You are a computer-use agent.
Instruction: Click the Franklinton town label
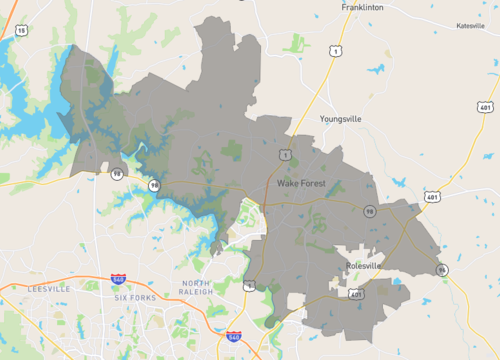pyautogui.click(x=363, y=7)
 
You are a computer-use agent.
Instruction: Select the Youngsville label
pyautogui.click(x=341, y=118)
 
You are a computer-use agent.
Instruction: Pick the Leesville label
pyautogui.click(x=48, y=288)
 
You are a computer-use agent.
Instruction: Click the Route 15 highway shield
pyautogui.click(x=21, y=31)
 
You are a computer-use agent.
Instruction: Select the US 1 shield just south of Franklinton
pyautogui.click(x=336, y=50)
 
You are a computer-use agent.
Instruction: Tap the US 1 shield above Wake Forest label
pyautogui.click(x=287, y=155)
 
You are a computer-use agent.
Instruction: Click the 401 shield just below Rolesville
pyautogui.click(x=356, y=294)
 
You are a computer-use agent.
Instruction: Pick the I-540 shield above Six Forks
pyautogui.click(x=118, y=280)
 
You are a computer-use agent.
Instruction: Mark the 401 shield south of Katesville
pyautogui.click(x=485, y=107)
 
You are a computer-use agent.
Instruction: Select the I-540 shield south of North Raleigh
pyautogui.click(x=233, y=338)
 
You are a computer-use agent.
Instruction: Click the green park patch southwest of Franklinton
pyautogui.click(x=295, y=42)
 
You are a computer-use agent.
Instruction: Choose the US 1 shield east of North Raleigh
pyautogui.click(x=249, y=285)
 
